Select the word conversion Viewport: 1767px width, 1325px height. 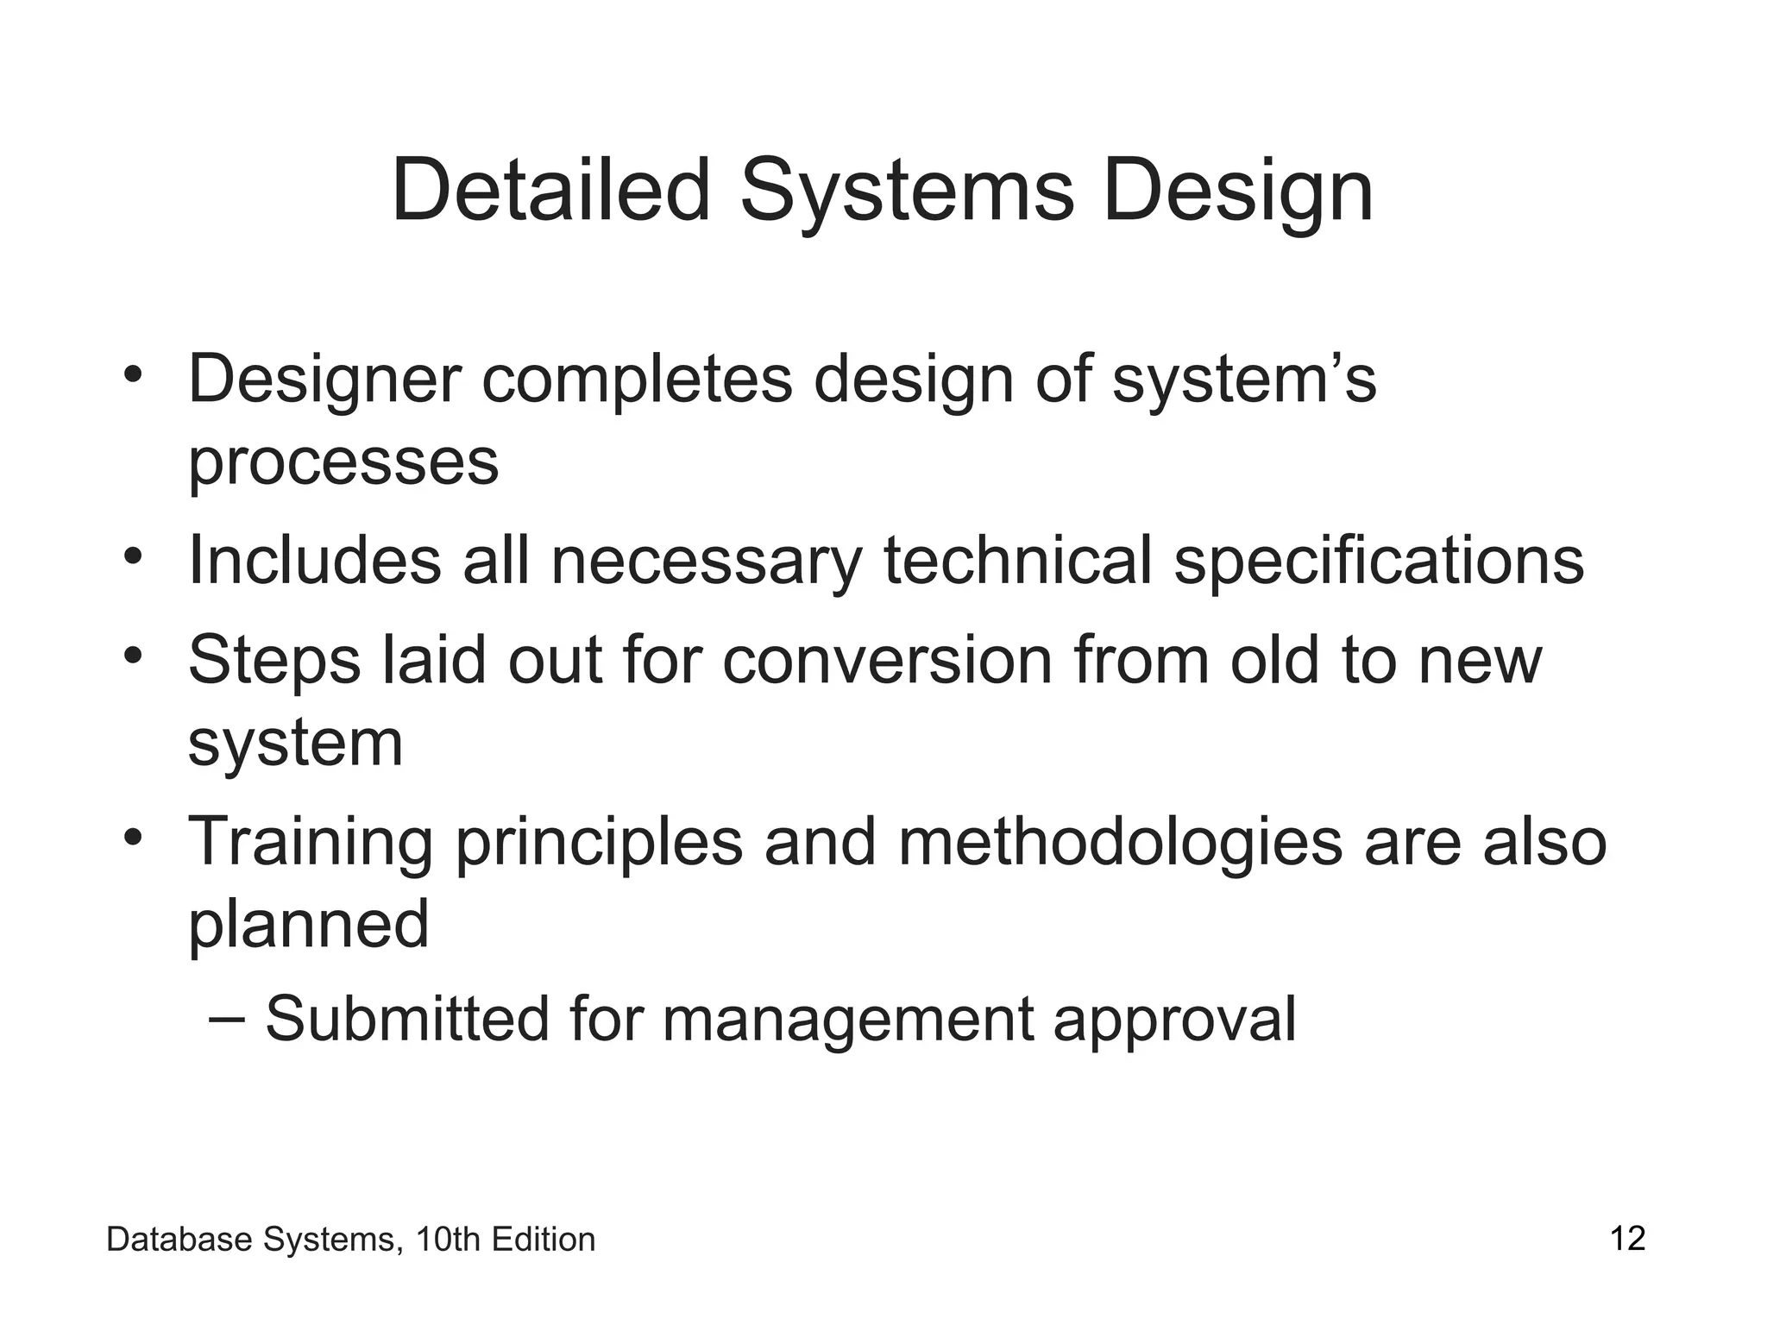(887, 660)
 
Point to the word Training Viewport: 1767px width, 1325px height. (310, 844)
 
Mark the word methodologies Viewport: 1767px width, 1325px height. (1120, 844)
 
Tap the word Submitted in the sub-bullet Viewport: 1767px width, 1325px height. (406, 1020)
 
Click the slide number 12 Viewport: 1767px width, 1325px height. (1627, 1239)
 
